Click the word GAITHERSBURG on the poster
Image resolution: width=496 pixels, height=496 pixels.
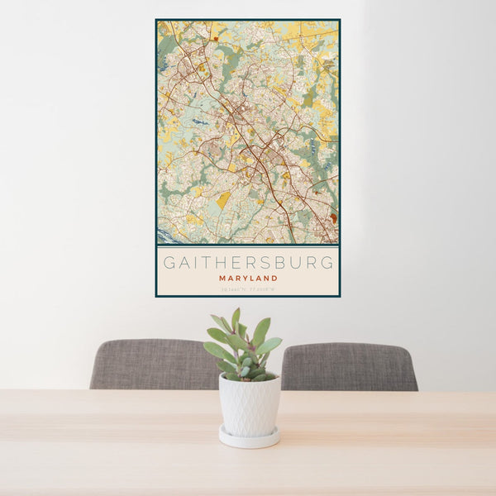248,263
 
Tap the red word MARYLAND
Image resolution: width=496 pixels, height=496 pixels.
248,279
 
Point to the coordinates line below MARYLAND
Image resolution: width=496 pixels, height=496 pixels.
248,289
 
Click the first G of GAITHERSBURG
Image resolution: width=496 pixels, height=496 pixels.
168,263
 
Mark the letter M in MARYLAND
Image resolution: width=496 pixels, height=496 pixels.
222,279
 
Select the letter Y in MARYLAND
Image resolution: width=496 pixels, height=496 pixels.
244,279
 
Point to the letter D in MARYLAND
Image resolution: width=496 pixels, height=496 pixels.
274,279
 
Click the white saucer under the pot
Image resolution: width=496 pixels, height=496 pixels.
249,438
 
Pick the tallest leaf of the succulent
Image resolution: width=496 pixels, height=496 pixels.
236,319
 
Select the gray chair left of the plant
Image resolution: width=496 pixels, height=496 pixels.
153,365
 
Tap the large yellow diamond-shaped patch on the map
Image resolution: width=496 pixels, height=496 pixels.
223,199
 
